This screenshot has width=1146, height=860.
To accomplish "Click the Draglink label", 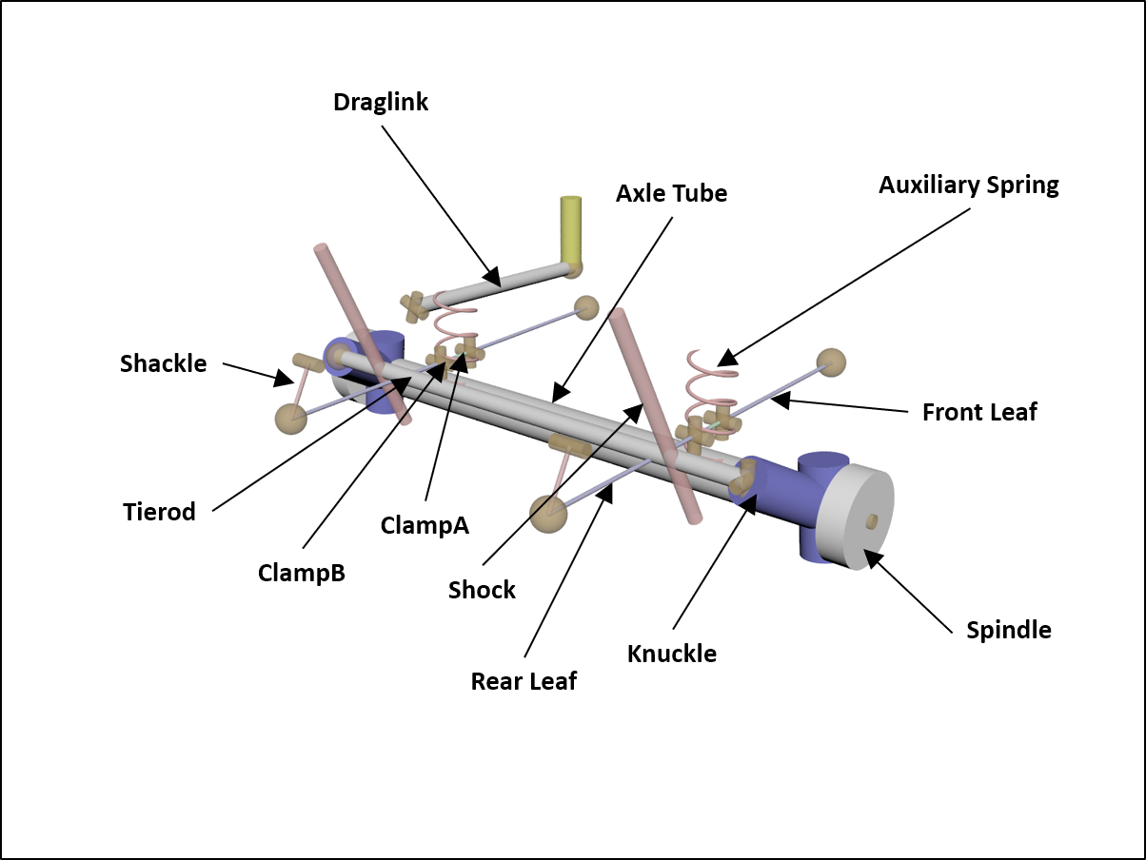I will pos(381,102).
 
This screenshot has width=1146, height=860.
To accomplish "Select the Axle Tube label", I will pos(671,193).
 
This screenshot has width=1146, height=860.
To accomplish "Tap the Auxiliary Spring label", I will pos(968,185).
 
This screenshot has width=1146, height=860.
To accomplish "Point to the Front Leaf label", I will pos(979,412).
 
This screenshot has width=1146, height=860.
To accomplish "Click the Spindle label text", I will pos(1009,630).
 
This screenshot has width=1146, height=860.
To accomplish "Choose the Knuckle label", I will pos(672,654).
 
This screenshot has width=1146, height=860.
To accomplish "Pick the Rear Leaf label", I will pos(524,681).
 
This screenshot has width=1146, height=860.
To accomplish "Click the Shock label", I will pos(482,590).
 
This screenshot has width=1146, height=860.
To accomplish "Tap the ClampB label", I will pos(301,574).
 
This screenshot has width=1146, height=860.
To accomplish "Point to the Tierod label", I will pos(159,512).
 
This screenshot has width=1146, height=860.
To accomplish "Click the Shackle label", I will pos(163,363).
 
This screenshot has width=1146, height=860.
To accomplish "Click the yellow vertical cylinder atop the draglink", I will pos(571,231).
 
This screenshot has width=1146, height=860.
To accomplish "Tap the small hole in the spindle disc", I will pos(871,520).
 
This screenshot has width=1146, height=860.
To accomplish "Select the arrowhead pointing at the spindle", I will pos(870,557).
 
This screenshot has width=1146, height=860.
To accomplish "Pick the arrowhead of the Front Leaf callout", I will pos(778,401).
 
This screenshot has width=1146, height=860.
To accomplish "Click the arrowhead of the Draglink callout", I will pos(491,278).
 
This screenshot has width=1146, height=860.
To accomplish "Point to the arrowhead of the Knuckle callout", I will pos(748,502).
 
